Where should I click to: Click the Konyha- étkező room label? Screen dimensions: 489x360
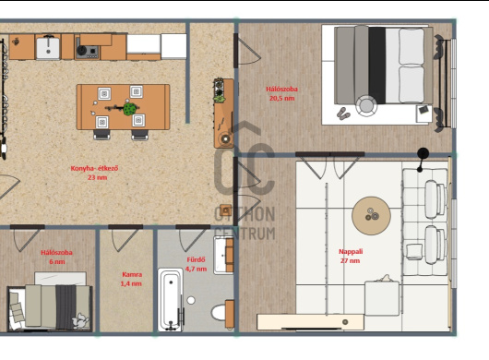[94, 168]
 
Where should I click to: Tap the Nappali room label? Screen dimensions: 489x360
[351, 251]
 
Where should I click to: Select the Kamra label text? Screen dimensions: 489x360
[132, 274]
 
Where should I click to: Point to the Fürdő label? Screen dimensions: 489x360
[196, 259]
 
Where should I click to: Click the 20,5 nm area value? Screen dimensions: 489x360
[282, 98]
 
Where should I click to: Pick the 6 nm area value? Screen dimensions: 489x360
[57, 261]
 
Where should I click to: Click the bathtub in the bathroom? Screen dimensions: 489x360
[171, 299]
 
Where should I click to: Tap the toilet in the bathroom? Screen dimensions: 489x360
[222, 312]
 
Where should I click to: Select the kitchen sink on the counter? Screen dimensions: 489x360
[48, 47]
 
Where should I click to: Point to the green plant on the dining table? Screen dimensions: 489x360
[130, 109]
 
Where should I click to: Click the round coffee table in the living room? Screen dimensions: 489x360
[371, 216]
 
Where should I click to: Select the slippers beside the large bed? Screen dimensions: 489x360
[343, 114]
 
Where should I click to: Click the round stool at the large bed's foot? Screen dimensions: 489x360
[366, 106]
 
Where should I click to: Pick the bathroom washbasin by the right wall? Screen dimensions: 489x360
[223, 255]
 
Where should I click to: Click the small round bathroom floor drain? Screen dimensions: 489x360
[191, 300]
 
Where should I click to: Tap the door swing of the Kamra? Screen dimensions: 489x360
[125, 240]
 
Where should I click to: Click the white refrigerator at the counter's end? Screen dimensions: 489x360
[173, 46]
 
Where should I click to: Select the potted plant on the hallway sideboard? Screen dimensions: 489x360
[220, 90]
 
